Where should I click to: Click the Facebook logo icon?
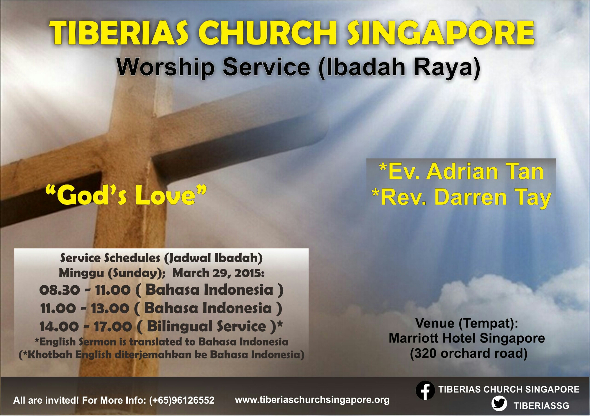425,390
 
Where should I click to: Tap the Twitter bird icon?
499,404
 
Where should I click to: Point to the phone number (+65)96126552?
182,400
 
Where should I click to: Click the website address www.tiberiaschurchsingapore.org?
312,400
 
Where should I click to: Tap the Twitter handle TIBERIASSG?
541,406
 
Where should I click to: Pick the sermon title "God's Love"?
126,195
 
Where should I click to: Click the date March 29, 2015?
218,273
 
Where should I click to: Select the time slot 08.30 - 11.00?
85,290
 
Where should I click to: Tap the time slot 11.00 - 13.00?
85,308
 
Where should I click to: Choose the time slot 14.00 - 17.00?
86,327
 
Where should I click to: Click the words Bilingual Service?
206,326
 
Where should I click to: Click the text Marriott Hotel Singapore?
467,338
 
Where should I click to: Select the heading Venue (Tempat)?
467,323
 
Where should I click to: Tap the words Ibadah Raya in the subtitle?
400,67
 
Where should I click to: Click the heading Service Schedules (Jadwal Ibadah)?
161,258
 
